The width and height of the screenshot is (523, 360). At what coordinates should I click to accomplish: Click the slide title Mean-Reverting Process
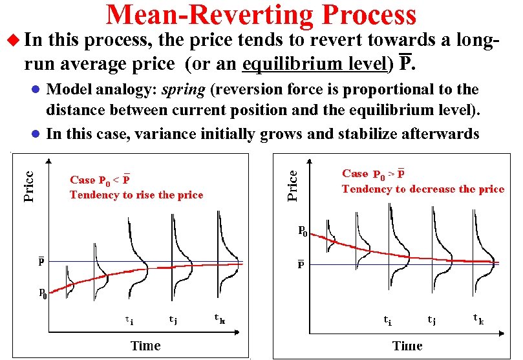pyautogui.click(x=261, y=16)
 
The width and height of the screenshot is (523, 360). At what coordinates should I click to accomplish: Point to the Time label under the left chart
pyautogui.click(x=145, y=345)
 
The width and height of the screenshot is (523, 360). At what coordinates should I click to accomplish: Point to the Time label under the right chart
pyautogui.click(x=407, y=345)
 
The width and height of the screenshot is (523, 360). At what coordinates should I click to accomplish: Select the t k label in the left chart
pyautogui.click(x=220, y=317)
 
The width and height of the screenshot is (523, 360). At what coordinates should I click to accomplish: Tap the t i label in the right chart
pyautogui.click(x=387, y=319)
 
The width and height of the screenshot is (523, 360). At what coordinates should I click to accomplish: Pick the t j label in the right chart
pyautogui.click(x=432, y=319)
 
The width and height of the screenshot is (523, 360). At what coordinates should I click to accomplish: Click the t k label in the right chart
pyautogui.click(x=478, y=318)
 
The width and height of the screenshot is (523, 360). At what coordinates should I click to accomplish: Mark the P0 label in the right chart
pyautogui.click(x=302, y=231)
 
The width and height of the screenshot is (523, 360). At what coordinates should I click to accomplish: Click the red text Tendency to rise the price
pyautogui.click(x=136, y=195)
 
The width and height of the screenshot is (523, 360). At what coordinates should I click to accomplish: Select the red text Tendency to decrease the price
pyautogui.click(x=423, y=189)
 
